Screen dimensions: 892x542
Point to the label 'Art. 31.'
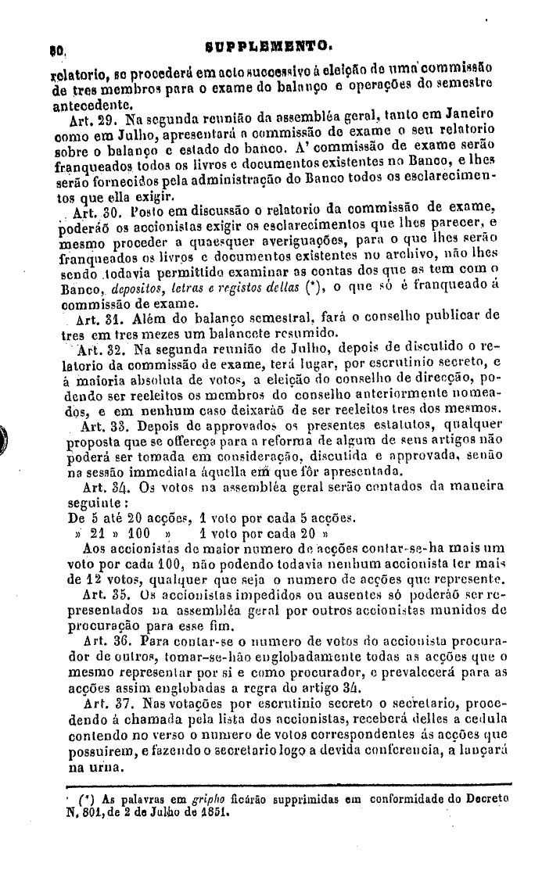98,319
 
